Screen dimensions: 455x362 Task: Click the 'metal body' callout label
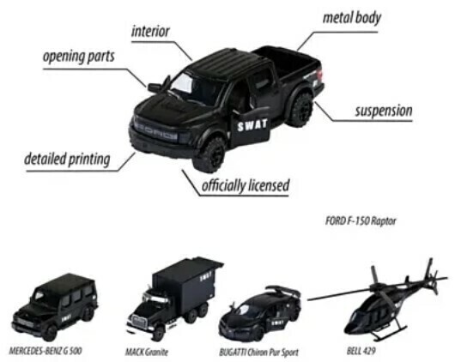click(352, 18)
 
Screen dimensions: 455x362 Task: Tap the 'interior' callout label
click(150, 32)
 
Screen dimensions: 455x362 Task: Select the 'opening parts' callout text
click(79, 57)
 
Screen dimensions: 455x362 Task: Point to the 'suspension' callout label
click(384, 111)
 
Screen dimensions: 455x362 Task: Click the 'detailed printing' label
click(67, 160)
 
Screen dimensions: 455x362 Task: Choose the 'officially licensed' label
click(246, 185)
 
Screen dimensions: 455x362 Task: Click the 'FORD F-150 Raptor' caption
click(361, 221)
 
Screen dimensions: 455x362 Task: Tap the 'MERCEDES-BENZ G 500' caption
click(45, 351)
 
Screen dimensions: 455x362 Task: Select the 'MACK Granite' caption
click(147, 353)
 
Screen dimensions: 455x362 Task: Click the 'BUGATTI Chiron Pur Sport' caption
click(258, 353)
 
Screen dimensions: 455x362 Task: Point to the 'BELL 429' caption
click(361, 351)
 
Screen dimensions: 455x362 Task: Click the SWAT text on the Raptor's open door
click(252, 125)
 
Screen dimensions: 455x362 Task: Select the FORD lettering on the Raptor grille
click(156, 132)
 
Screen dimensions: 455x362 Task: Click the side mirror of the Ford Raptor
click(155, 87)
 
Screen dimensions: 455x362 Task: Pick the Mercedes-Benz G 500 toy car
click(55, 306)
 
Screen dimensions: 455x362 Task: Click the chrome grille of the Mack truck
click(141, 323)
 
